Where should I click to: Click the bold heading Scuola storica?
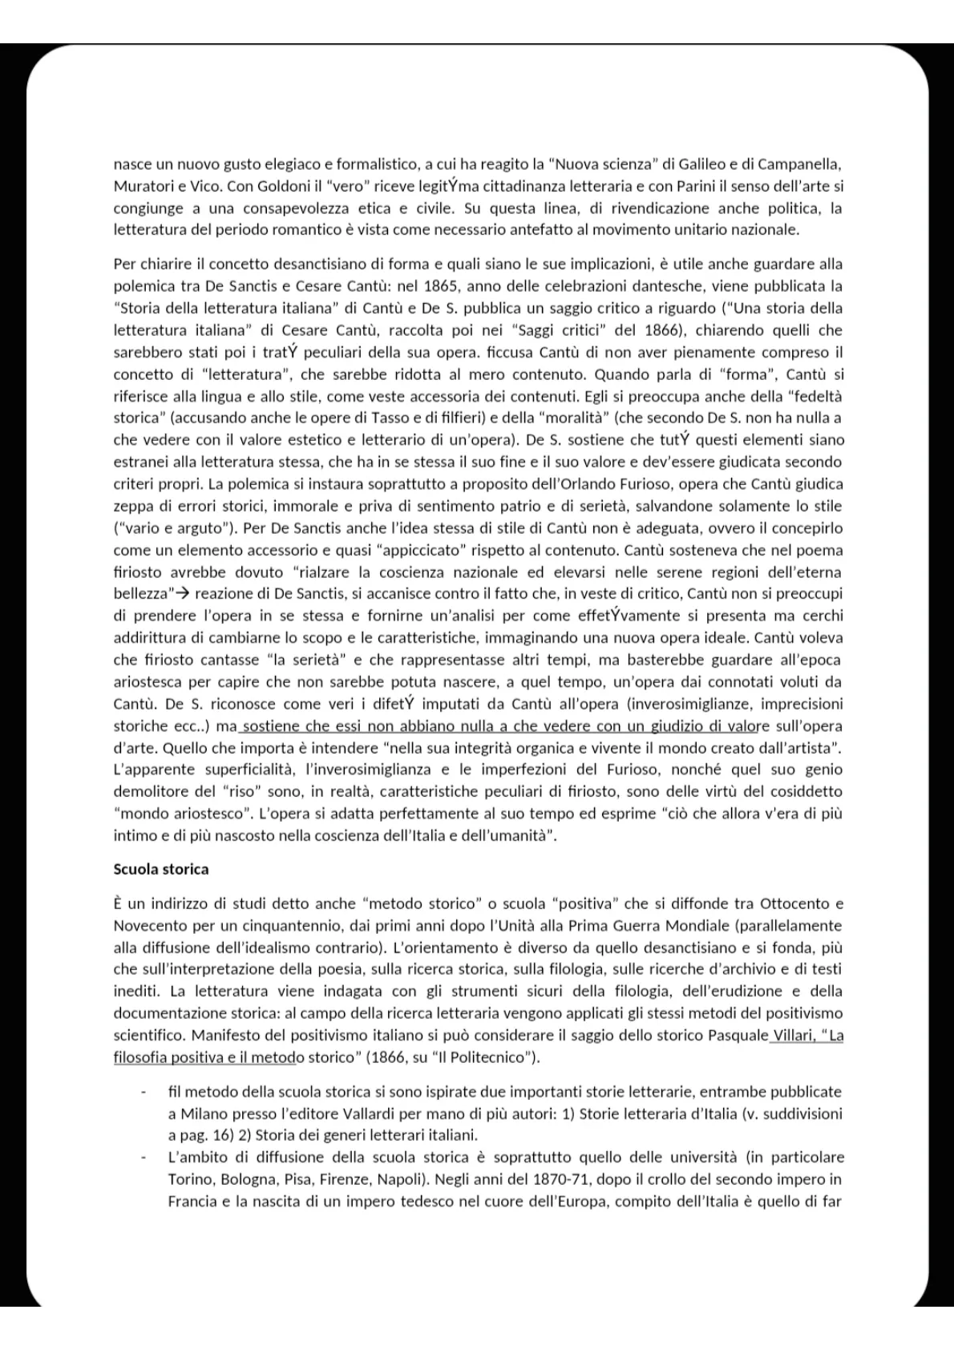click(161, 869)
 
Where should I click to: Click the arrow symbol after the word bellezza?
click(183, 594)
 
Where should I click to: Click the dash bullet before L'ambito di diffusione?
click(144, 1158)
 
